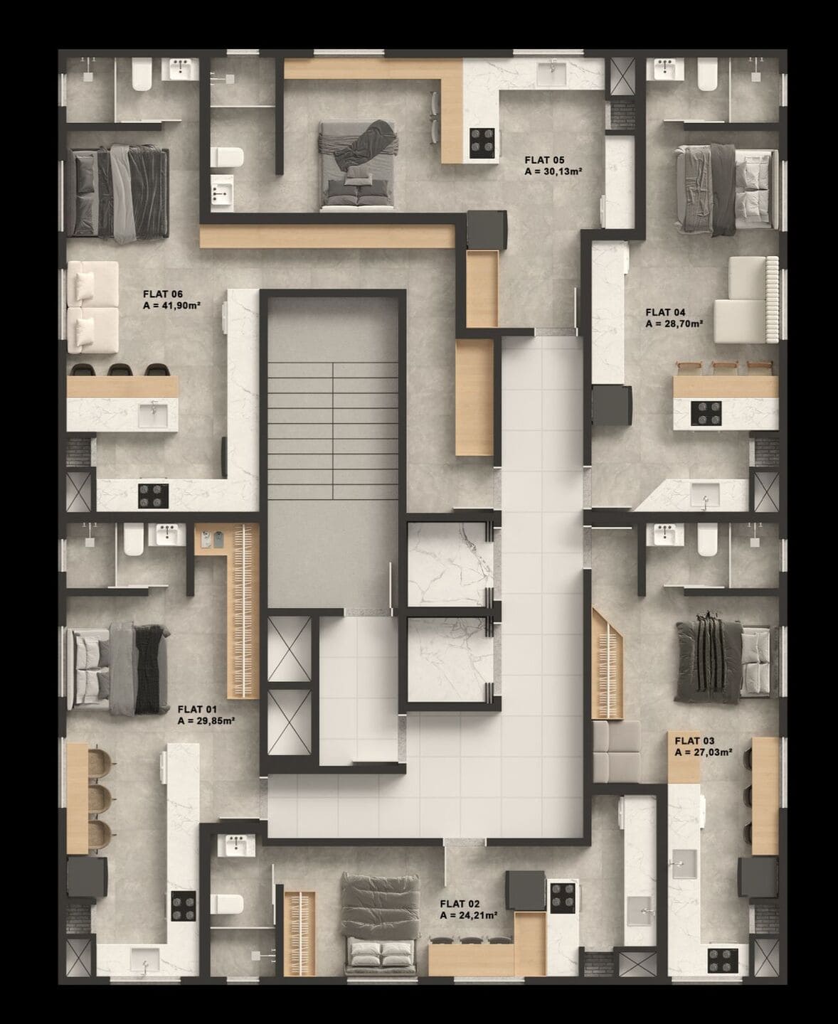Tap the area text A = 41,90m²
point(172,305)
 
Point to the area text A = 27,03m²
point(704,752)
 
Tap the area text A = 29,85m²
point(206,720)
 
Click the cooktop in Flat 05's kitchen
point(482,141)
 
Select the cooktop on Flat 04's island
point(706,413)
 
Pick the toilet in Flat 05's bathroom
point(228,157)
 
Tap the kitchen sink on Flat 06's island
point(153,415)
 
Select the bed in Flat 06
point(117,192)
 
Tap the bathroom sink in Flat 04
point(669,70)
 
